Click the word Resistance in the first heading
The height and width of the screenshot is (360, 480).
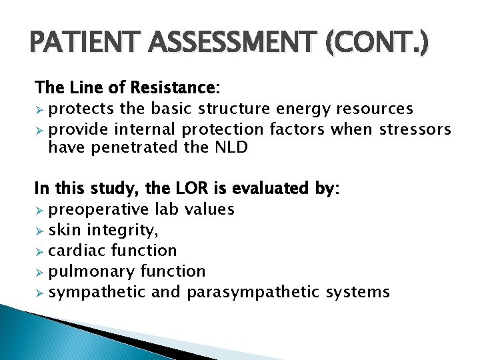pyautogui.click(x=181, y=88)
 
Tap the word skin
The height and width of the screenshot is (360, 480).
pyautogui.click(x=65, y=230)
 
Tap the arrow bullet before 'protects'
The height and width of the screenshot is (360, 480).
pyautogui.click(x=40, y=109)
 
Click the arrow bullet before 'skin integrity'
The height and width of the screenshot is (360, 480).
pyautogui.click(x=40, y=230)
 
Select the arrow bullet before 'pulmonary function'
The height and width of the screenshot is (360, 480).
pyautogui.click(x=40, y=271)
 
